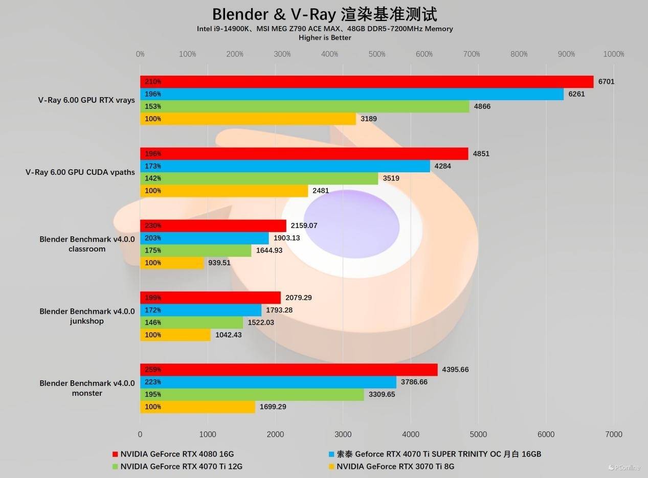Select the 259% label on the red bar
coord(153,370)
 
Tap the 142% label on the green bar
coord(153,178)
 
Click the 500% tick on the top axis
coord(377,54)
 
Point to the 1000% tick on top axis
coord(613,54)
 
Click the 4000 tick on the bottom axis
coord(411,435)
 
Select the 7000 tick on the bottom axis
coord(613,435)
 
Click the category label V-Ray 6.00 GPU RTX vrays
coord(86,100)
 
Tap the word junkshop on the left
coord(87,321)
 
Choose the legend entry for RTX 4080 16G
coord(177,454)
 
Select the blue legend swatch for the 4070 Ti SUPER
coord(331,454)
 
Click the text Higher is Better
coord(325,37)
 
